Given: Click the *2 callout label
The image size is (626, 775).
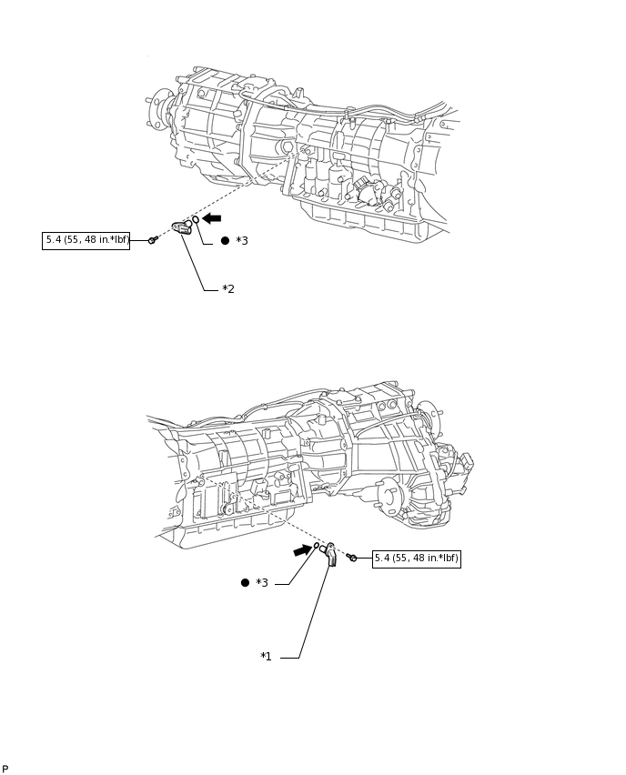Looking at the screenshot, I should click(x=228, y=289).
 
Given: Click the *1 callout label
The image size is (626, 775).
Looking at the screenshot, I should click(x=266, y=657).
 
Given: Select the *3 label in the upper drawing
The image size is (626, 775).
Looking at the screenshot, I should click(x=242, y=241).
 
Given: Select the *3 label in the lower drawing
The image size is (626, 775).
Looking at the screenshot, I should click(x=262, y=583).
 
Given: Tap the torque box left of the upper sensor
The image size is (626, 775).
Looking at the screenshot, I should click(x=86, y=241).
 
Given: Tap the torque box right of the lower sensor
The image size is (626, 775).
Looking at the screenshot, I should click(x=416, y=559).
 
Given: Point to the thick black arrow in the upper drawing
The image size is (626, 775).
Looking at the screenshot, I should click(x=212, y=218).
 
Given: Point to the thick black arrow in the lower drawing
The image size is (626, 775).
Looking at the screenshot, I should click(x=302, y=549).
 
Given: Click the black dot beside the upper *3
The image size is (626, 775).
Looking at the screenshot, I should click(x=225, y=241).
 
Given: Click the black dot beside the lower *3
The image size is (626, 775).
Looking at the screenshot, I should click(x=245, y=583).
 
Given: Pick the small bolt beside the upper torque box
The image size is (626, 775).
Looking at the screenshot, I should click(x=152, y=240).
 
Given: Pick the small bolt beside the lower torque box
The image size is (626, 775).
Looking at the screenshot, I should click(x=353, y=558).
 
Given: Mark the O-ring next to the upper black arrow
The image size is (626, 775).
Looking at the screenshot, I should click(x=196, y=220).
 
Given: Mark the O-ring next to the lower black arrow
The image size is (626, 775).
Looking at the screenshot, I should click(x=318, y=546).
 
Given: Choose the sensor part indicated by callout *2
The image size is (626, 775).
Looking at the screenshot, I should click(x=182, y=226).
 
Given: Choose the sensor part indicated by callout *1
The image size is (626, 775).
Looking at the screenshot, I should click(x=330, y=554).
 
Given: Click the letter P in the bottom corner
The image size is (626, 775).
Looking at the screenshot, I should click(x=5, y=769).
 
